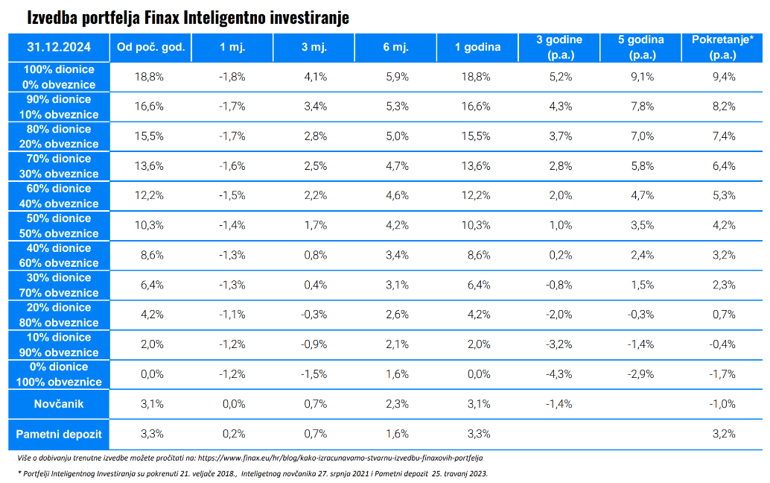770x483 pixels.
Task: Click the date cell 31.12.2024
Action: coord(59,47)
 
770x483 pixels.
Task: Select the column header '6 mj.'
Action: coord(396,47)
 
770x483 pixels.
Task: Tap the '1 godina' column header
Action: coord(477,47)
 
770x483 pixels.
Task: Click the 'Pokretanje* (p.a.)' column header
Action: coord(722,47)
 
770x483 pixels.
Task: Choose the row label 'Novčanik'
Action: coord(59,404)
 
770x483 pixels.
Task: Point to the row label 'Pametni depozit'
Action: coord(59,435)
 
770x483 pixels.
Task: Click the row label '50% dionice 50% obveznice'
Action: coord(59,226)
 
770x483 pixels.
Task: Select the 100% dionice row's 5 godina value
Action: coord(643,77)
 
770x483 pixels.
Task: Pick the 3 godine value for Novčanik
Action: coord(559,404)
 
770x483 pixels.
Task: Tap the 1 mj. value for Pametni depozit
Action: coord(234,434)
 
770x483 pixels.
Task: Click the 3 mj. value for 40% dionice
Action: coord(315,255)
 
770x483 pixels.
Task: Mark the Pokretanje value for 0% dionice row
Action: coord(722,374)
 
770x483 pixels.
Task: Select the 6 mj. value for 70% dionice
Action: coord(397,166)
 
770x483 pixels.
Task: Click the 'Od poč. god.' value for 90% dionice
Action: coord(149,107)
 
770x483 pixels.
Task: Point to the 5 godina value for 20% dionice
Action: coord(641,315)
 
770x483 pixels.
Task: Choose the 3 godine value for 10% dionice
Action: coord(559,344)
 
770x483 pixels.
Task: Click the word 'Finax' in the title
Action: coord(162,18)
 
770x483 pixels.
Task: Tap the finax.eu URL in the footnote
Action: coord(340,458)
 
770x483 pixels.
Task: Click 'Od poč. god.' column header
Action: coord(150,47)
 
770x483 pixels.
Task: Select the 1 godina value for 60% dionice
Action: coord(476,195)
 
